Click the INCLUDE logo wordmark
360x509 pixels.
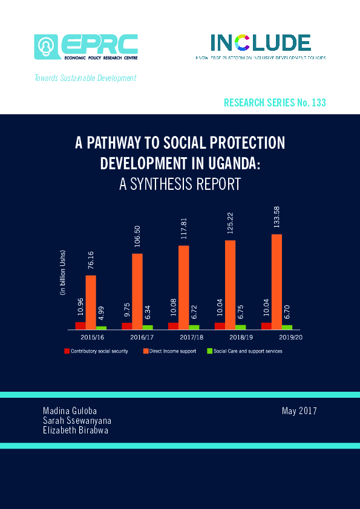[260, 42]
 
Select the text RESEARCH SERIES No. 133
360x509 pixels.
[275, 103]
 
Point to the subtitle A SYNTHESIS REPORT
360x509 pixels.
[180, 184]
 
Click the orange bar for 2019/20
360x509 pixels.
[277, 281]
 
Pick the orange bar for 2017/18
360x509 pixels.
[184, 287]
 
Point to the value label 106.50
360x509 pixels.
[137, 238]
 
